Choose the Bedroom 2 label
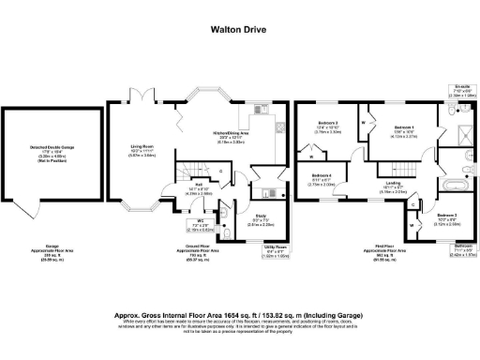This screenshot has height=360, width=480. pos(327,127)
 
